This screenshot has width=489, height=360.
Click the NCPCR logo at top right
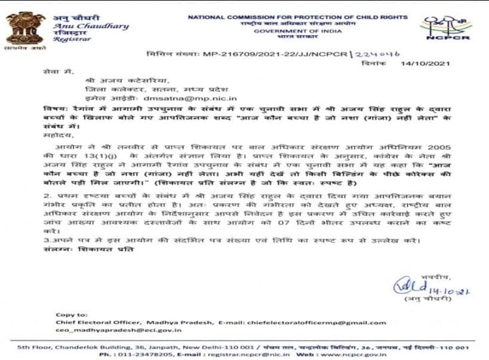click(x=447, y=27)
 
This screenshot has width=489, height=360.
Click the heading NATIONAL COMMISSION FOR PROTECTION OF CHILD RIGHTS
click(x=297, y=17)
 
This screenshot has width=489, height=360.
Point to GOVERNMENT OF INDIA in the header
click(x=297, y=31)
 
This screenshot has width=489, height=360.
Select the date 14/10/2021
click(x=425, y=63)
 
